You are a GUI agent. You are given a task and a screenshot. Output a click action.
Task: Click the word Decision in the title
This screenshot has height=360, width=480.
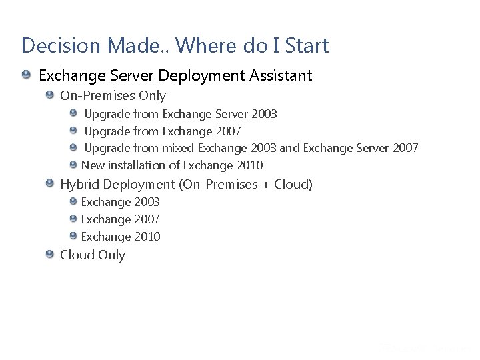tap(59, 45)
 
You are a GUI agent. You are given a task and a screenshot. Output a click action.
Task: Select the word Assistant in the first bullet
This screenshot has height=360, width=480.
tap(281, 75)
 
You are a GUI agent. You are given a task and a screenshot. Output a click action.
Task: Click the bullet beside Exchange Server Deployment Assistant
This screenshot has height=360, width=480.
tap(26, 74)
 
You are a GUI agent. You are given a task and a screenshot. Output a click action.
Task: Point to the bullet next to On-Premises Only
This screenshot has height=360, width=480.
tap(50, 95)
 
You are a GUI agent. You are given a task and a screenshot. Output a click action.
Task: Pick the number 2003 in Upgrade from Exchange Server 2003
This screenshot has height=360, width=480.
tap(264, 114)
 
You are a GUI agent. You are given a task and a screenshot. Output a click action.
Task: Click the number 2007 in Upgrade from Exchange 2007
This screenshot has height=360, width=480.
tap(227, 131)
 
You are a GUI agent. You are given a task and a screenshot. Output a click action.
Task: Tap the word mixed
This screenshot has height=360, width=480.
tap(178, 148)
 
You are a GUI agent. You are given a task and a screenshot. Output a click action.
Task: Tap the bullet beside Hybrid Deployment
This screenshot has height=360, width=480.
tap(50, 183)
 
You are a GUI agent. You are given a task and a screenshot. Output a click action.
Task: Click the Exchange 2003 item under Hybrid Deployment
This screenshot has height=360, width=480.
tap(120, 202)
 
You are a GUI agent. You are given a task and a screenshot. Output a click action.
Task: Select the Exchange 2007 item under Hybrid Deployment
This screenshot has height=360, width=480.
tap(120, 219)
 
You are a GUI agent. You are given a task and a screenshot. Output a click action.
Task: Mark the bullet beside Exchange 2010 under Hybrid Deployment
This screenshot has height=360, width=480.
tap(73, 235)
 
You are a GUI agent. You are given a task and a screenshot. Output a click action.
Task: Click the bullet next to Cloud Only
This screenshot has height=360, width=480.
tap(50, 254)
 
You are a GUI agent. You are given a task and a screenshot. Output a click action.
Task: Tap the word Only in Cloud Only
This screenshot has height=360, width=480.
tap(112, 255)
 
